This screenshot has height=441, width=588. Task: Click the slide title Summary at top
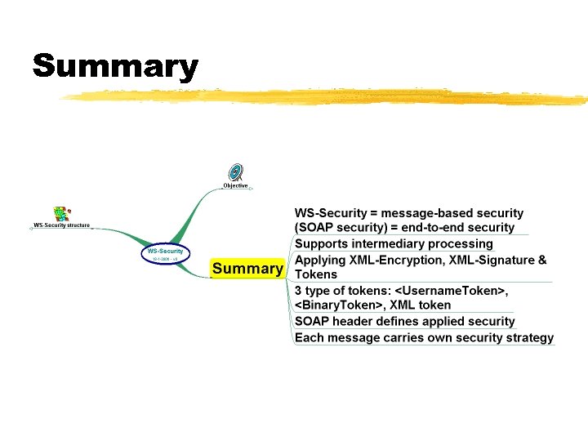[x=115, y=66]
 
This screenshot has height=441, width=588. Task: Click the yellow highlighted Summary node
[x=247, y=269]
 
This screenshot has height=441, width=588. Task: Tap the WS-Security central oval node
[x=166, y=254]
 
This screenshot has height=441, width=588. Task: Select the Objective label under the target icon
[x=235, y=185]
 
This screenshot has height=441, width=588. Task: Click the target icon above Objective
[x=235, y=171]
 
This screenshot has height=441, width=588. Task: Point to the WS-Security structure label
[x=61, y=225]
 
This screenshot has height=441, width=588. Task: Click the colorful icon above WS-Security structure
[x=60, y=214]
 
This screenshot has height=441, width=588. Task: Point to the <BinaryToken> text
[x=336, y=305]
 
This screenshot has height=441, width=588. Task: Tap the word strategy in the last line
[x=529, y=337]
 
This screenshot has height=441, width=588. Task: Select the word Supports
[x=320, y=244]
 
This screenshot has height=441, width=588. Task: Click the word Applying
[x=320, y=261]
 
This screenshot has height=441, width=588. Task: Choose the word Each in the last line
[x=308, y=337]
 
